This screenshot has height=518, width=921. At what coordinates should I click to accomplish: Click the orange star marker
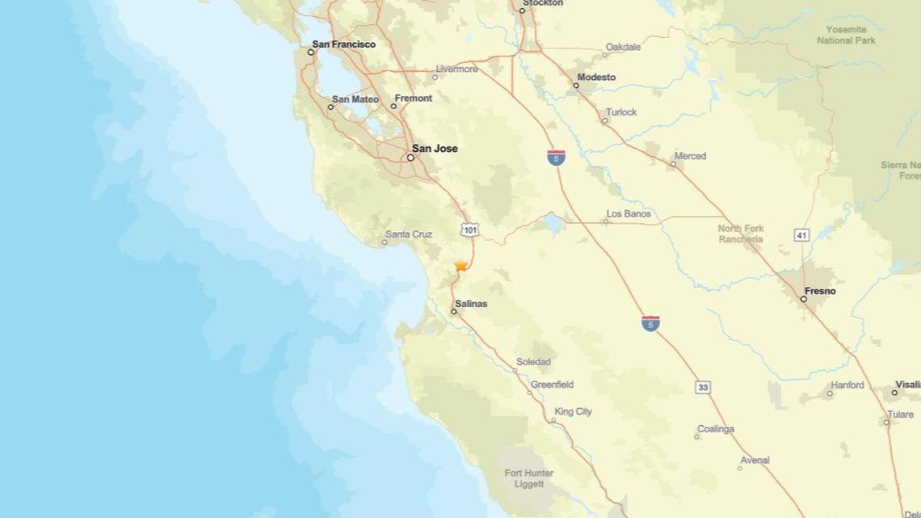(460, 265)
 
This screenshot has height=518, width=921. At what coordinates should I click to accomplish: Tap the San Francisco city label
(343, 44)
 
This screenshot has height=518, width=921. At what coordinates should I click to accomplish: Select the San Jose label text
(435, 149)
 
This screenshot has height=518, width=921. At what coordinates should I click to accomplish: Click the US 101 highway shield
(470, 230)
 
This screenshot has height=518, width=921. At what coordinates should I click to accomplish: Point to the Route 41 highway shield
(801, 235)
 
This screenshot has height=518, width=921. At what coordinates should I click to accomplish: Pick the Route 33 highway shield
(703, 388)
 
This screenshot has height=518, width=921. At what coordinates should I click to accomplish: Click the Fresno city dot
(803, 299)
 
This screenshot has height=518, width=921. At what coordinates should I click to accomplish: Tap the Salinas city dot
(454, 311)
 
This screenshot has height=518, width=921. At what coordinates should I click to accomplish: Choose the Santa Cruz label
(408, 234)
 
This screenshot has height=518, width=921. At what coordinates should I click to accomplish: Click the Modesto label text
(595, 78)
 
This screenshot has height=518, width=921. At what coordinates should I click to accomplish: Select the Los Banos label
(628, 214)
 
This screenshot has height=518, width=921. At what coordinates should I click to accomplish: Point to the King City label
(573, 411)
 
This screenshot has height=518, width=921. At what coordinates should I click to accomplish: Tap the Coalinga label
(715, 429)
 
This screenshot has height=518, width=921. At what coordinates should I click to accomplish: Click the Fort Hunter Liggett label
(524, 478)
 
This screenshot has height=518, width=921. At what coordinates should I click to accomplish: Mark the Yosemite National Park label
(846, 35)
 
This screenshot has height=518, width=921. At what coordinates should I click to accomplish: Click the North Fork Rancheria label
(741, 234)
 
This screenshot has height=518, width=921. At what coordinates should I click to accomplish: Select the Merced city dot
(673, 164)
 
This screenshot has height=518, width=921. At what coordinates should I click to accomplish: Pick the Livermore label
(456, 69)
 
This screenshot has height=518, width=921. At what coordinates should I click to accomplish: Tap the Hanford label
(847, 385)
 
